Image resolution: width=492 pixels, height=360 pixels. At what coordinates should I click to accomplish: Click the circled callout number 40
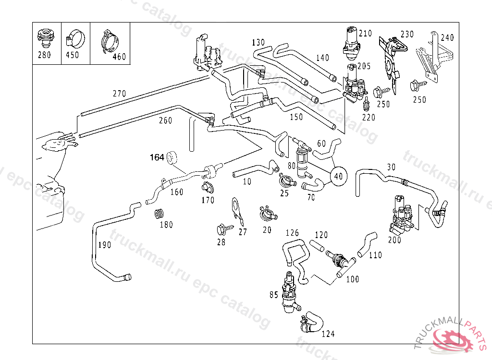pyautogui.click(x=338, y=176)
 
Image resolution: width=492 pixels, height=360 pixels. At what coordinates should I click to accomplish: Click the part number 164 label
pyautogui.click(x=157, y=157)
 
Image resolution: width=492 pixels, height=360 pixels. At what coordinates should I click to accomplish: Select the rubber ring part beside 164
pyautogui.click(x=172, y=157)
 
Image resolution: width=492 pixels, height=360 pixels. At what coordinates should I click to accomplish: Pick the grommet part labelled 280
pyautogui.click(x=44, y=36)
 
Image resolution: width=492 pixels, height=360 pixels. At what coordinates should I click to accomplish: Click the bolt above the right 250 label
pyautogui.click(x=415, y=86)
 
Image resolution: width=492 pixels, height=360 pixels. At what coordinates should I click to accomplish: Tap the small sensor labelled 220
pyautogui.click(x=367, y=103)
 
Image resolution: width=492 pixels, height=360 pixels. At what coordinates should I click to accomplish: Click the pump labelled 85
pyautogui.click(x=289, y=293)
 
